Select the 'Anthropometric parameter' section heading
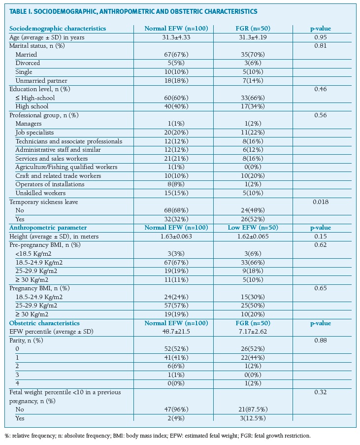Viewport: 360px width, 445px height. tap(48, 228)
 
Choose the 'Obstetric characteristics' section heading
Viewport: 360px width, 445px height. tap(44, 323)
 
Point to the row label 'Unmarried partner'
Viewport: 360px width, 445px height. tap(41, 80)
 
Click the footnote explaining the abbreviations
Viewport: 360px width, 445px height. tap(158, 436)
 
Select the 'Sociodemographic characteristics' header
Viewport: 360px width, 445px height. tap(58, 28)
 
